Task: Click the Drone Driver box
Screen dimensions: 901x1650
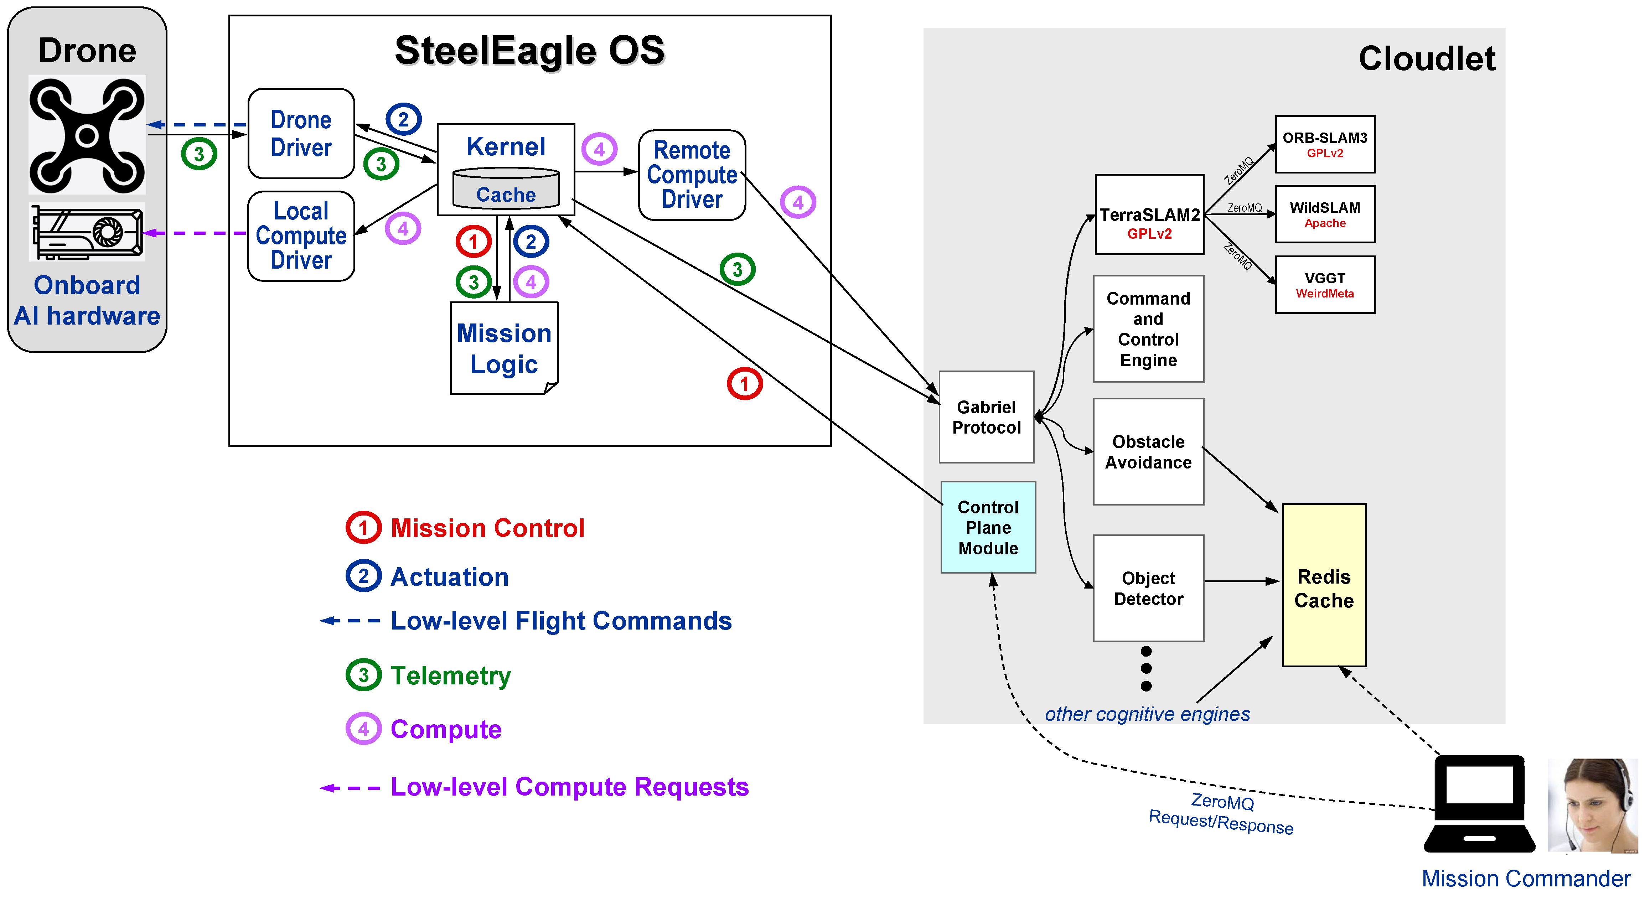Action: point(301,134)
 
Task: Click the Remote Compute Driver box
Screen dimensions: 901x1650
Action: point(692,175)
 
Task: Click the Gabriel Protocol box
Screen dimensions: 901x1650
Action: point(987,417)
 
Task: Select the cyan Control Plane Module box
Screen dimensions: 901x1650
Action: point(988,527)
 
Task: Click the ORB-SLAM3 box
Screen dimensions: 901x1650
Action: point(1325,144)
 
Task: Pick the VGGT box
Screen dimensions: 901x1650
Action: point(1325,284)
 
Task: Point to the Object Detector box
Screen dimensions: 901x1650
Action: point(1148,588)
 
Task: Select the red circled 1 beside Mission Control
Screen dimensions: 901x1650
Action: point(363,528)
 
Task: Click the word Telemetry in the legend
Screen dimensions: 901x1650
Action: point(451,675)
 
